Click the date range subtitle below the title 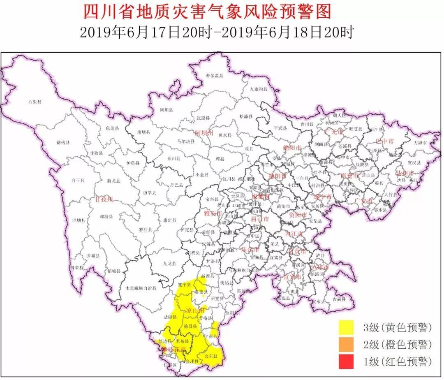[x=216, y=33]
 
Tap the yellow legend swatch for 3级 [x=346, y=327]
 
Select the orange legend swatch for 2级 [x=346, y=345]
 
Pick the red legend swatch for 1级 [x=346, y=362]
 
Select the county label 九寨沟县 [x=259, y=89]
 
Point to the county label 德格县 [x=63, y=143]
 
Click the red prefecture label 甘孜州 [x=104, y=199]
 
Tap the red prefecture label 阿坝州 [x=204, y=133]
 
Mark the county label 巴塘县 [x=78, y=220]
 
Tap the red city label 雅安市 [x=213, y=213]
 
